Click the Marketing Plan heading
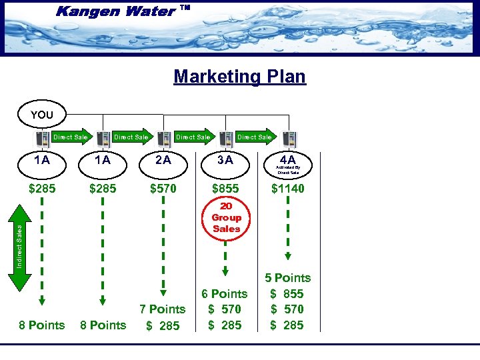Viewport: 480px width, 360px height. pos(239,76)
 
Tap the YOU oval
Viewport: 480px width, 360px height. pos(41,115)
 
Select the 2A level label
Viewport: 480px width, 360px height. pos(163,160)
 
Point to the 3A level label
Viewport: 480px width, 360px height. pos(225,160)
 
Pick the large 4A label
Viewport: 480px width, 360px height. pos(288,160)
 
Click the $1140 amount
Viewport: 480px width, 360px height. pos(287,189)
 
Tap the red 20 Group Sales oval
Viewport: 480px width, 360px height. pos(226,218)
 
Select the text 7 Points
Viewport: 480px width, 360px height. pos(162,309)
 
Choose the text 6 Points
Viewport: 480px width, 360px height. pos(225,293)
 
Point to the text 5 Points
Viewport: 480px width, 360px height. pos(287,278)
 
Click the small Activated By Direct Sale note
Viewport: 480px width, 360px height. pos(289,171)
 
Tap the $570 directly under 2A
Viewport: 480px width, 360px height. pos(163,189)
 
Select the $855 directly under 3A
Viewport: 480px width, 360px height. pos(225,189)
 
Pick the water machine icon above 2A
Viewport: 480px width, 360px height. pos(165,139)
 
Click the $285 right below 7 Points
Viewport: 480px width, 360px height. pos(163,325)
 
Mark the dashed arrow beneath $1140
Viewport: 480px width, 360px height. pos(288,230)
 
